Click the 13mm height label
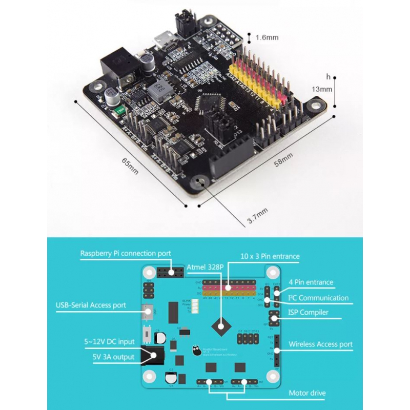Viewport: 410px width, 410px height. (x=322, y=89)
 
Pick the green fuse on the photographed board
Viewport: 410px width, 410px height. (x=120, y=109)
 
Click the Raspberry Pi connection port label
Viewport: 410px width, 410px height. (x=126, y=253)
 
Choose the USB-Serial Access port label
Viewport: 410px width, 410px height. (x=91, y=305)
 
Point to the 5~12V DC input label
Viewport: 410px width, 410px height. (x=110, y=341)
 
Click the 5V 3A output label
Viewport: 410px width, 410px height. (x=110, y=357)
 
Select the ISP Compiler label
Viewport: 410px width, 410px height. (x=308, y=312)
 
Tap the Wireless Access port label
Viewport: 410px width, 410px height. (x=321, y=344)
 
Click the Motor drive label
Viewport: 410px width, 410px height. (x=307, y=393)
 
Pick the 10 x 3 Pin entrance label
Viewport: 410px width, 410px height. (x=270, y=256)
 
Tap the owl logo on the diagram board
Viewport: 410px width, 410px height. (x=196, y=352)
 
